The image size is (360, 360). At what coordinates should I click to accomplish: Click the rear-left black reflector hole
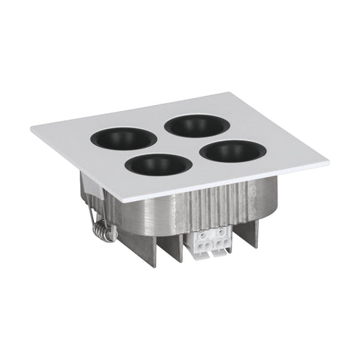124,138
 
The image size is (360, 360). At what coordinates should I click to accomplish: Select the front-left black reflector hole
159,164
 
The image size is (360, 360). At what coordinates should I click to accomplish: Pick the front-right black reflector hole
233,151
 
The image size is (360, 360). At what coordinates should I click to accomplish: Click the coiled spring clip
103,228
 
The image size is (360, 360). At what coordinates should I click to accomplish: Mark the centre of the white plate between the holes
179,144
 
